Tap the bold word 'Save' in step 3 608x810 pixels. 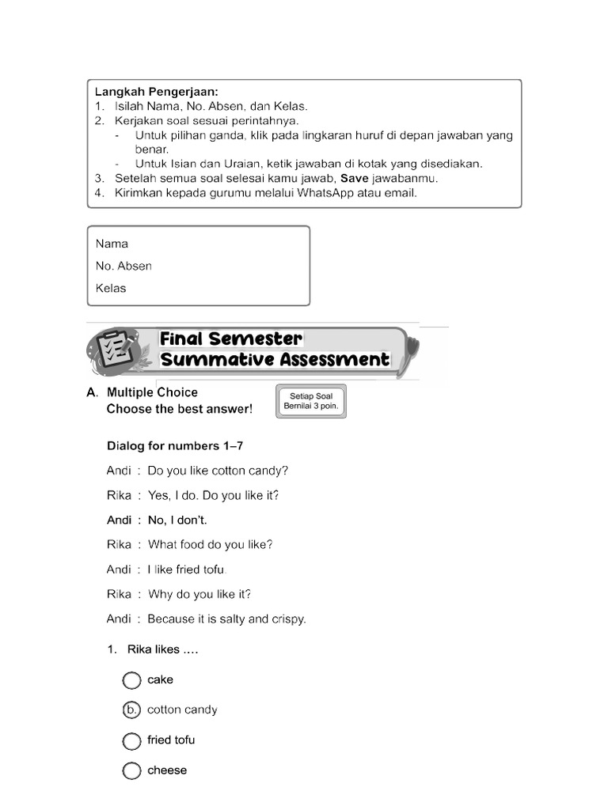(355, 178)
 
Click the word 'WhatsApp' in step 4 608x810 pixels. (326, 192)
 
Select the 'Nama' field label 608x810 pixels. (112, 244)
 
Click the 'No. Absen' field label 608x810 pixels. (123, 266)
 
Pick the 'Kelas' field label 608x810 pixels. (111, 288)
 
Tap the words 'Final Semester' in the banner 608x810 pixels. (231, 339)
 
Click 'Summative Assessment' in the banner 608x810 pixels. (275, 360)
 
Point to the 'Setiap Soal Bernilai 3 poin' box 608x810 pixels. (312, 400)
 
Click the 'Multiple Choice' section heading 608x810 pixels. (152, 392)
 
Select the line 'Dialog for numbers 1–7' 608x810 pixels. (180, 446)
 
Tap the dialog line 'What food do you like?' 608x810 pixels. (210, 545)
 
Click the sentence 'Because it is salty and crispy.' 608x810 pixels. (226, 619)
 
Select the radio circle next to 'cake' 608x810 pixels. (131, 680)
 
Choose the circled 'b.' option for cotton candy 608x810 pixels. (131, 710)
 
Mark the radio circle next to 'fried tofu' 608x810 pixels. (131, 741)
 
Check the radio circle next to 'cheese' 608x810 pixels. (131, 771)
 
